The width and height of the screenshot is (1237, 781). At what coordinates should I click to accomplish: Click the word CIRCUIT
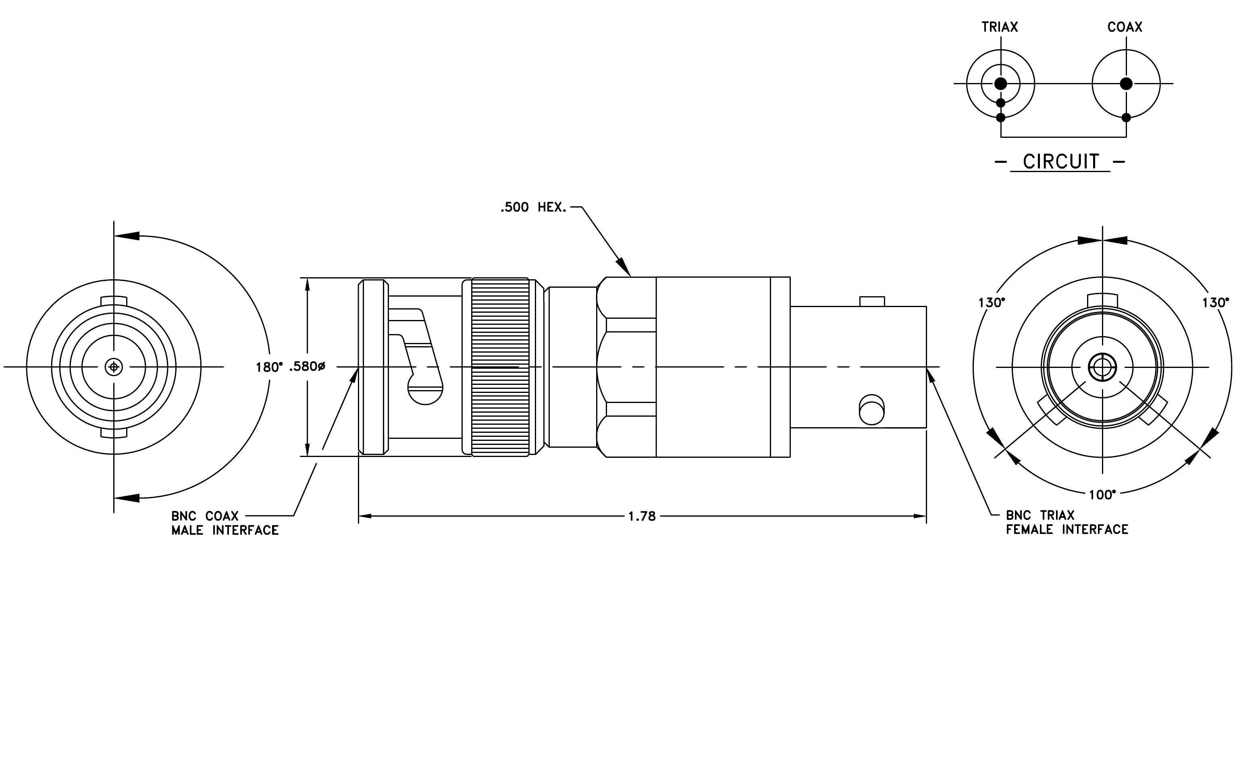(x=1061, y=162)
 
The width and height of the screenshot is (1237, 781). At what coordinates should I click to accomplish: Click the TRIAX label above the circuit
(x=1000, y=27)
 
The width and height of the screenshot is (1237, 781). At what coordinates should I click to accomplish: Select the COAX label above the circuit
(x=1125, y=27)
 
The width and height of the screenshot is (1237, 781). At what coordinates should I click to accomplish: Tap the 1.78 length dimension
(x=642, y=517)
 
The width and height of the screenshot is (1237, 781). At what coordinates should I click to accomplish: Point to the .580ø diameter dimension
(x=307, y=367)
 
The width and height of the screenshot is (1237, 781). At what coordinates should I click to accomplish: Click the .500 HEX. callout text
(x=534, y=208)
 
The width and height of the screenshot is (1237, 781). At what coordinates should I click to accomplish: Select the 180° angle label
(x=269, y=367)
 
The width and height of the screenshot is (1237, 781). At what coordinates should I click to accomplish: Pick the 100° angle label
(x=1102, y=494)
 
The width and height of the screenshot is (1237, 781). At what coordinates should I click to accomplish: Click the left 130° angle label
(x=992, y=303)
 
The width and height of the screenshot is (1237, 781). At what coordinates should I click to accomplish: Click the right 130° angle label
(x=1215, y=303)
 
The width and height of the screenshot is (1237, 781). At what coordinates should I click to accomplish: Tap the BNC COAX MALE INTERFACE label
(x=225, y=523)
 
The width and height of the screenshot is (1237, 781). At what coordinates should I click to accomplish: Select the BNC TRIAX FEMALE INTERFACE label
(x=1067, y=522)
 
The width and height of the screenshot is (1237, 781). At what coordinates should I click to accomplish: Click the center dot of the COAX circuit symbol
(x=1126, y=84)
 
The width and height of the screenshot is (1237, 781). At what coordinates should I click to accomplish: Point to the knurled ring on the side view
(x=500, y=367)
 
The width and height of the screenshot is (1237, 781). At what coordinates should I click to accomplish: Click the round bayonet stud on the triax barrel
(x=872, y=410)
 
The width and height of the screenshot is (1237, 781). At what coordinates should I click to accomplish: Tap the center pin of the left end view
(x=114, y=367)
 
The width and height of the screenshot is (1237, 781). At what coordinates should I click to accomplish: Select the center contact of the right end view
(x=1102, y=367)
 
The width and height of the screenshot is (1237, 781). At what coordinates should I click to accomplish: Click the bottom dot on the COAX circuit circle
(x=1126, y=118)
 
